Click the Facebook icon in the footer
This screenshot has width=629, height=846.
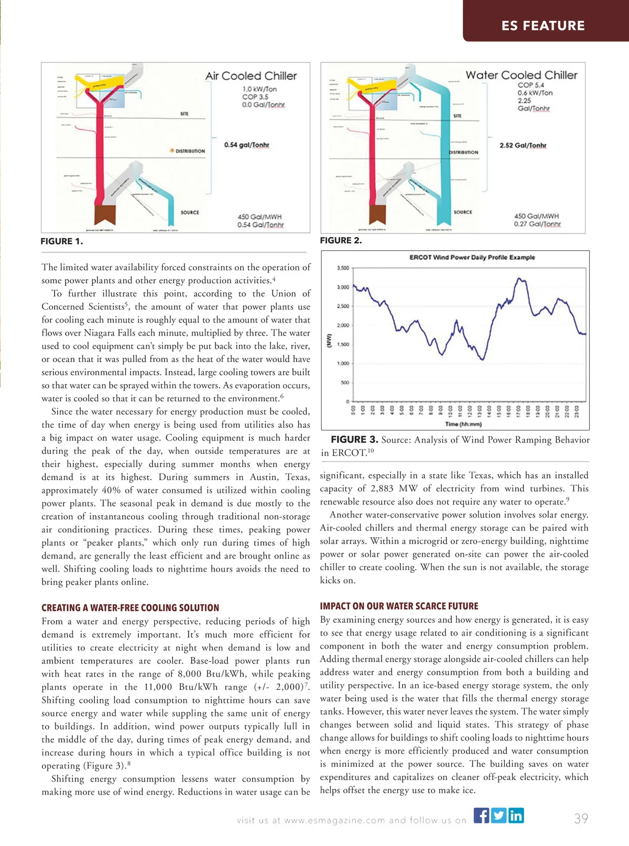point(481,816)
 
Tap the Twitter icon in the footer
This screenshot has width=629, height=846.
point(499,816)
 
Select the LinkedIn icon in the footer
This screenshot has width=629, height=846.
point(516,816)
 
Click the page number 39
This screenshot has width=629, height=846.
point(581,819)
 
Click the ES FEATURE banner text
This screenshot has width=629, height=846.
point(543,26)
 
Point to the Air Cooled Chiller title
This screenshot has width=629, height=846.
point(251,76)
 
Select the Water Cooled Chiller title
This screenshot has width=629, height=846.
point(521,75)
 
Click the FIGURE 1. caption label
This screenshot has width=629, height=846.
point(62,241)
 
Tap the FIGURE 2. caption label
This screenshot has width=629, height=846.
point(341,240)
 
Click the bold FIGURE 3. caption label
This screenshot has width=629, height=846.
point(354,440)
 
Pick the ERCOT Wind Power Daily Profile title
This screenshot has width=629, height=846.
point(472,258)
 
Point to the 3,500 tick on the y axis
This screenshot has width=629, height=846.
point(343,268)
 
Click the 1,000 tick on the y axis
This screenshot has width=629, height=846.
point(343,363)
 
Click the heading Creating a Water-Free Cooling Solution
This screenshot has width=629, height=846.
point(131,608)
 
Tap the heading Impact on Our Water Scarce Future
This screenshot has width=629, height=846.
point(399,606)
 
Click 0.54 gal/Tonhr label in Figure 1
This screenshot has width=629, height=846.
point(246,145)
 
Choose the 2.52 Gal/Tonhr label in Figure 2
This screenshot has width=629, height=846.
point(523,145)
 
